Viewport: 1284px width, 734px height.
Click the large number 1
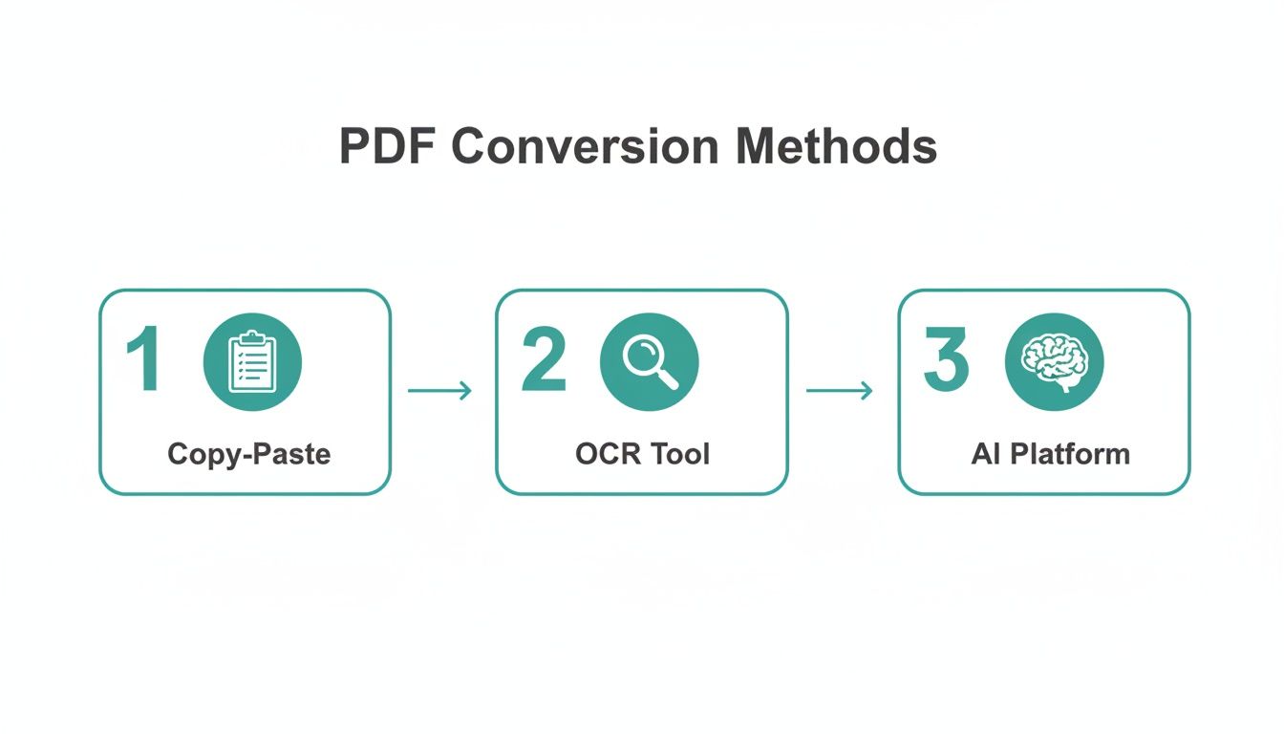point(145,360)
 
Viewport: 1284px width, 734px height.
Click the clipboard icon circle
point(252,361)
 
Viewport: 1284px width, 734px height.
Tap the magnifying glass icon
point(649,361)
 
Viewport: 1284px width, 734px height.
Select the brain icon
point(1054,361)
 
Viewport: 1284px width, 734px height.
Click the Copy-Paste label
point(248,453)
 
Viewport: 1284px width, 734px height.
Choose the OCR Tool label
point(642,453)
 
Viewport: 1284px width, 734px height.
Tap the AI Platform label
point(1050,453)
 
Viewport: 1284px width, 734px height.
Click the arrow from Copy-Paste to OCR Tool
point(439,390)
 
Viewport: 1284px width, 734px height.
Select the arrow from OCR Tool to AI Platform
point(839,390)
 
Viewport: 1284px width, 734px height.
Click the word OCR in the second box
point(604,453)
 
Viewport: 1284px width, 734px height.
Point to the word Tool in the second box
point(680,453)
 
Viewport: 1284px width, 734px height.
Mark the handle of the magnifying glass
point(668,378)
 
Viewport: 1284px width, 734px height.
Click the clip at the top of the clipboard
point(252,337)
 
